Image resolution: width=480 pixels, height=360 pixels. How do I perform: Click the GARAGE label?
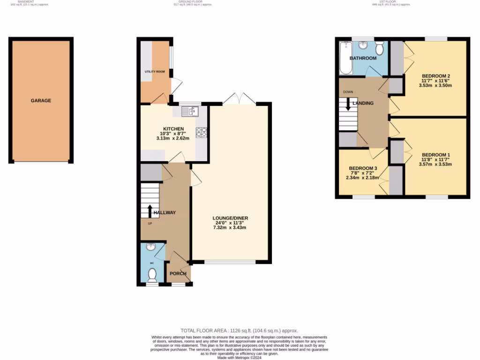tap(41, 100)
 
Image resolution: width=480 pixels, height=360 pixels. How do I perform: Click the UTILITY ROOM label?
tap(154, 72)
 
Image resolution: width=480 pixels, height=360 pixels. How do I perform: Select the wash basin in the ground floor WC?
tap(152, 247)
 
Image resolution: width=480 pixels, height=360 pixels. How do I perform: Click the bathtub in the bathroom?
tap(345, 58)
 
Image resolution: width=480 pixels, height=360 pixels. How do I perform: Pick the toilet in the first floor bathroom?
tap(380, 47)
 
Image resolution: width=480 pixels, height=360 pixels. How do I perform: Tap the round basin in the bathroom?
tap(363, 45)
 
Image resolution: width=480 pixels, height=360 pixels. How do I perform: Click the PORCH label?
tap(178, 274)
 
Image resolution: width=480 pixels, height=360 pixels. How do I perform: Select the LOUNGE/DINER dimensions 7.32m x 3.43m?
tap(230, 227)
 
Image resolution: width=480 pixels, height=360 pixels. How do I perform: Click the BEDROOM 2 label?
tap(436, 76)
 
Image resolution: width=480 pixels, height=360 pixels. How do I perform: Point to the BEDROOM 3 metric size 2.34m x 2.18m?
tap(362, 178)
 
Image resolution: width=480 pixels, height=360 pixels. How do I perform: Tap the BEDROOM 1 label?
tap(436, 155)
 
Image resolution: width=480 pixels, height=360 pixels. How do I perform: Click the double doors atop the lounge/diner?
tap(239, 99)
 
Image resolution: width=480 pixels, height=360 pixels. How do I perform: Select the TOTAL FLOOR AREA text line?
tap(239, 330)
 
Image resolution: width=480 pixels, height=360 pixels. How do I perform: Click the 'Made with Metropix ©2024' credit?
tap(239, 358)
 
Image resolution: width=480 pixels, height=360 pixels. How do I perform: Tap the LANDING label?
tap(363, 103)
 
